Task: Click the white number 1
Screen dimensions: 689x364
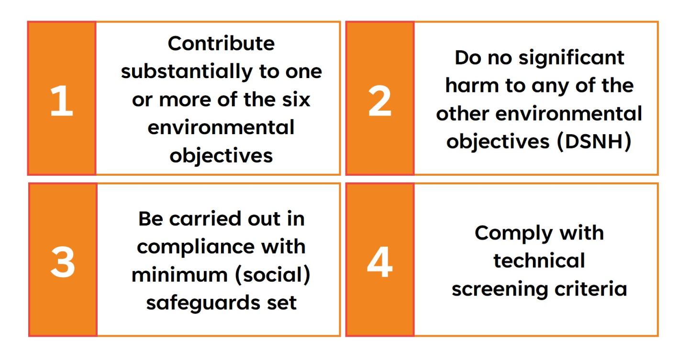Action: point(62,101)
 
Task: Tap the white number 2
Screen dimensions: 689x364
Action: point(379,101)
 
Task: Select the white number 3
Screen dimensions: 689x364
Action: point(63,262)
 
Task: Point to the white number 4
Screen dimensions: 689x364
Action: point(380,262)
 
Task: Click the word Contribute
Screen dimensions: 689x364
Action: point(221,44)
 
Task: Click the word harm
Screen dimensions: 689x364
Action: point(472,85)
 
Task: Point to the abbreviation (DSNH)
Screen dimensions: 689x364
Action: point(594,142)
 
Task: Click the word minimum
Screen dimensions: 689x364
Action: point(179,275)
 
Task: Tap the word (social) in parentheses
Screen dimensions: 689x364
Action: point(273,275)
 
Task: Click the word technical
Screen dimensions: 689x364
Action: point(539,261)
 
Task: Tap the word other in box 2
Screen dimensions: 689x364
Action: point(463,114)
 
